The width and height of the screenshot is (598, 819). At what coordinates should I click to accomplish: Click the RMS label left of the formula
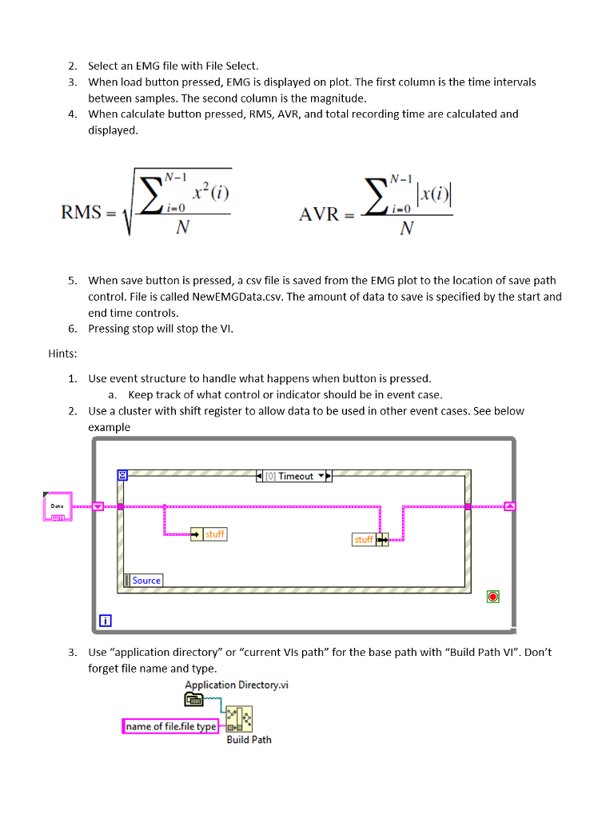(x=81, y=213)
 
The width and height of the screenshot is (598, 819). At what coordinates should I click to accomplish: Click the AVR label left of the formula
(x=319, y=214)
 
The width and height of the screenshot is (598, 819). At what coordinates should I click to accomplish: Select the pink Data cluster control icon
(x=57, y=507)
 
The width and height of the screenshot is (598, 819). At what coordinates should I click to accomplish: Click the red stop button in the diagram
(x=493, y=597)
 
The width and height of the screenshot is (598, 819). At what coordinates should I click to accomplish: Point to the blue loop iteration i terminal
(x=106, y=619)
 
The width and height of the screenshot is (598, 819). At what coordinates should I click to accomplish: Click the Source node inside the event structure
(x=143, y=581)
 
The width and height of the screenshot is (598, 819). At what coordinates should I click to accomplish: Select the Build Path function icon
(x=239, y=718)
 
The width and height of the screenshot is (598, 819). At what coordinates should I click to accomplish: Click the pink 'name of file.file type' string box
(x=171, y=726)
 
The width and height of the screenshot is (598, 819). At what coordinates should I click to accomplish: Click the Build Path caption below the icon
(x=249, y=740)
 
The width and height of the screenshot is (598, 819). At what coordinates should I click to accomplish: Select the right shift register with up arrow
(x=510, y=506)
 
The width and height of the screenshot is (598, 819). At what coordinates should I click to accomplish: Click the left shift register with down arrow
(x=98, y=506)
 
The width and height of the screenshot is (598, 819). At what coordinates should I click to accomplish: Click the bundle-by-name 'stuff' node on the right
(x=369, y=540)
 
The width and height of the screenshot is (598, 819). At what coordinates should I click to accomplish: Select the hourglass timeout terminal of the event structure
(x=122, y=475)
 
